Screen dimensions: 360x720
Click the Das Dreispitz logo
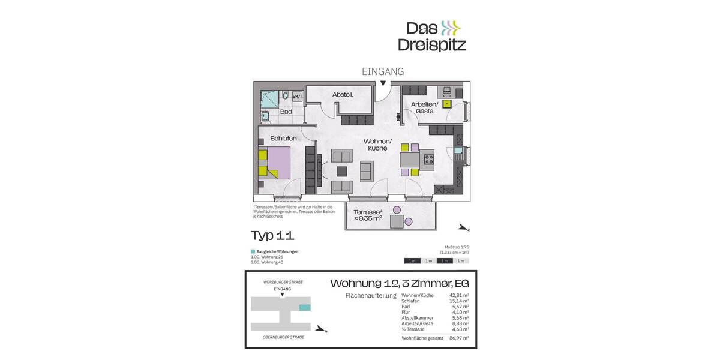click(431, 36)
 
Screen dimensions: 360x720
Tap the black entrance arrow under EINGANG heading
click(383, 83)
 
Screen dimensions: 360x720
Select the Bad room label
click(286, 112)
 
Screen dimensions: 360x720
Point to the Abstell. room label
click(343, 95)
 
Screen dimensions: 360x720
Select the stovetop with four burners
click(429, 159)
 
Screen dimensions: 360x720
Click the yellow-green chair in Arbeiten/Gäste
click(447, 104)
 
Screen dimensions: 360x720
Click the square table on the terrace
click(397, 221)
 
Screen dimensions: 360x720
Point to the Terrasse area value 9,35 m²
click(368, 218)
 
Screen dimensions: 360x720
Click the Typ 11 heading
click(272, 235)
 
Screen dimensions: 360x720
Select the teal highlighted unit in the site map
click(305, 307)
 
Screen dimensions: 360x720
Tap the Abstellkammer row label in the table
click(418, 318)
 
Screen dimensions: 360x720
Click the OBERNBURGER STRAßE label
click(283, 337)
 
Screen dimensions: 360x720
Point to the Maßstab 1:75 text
click(456, 247)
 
